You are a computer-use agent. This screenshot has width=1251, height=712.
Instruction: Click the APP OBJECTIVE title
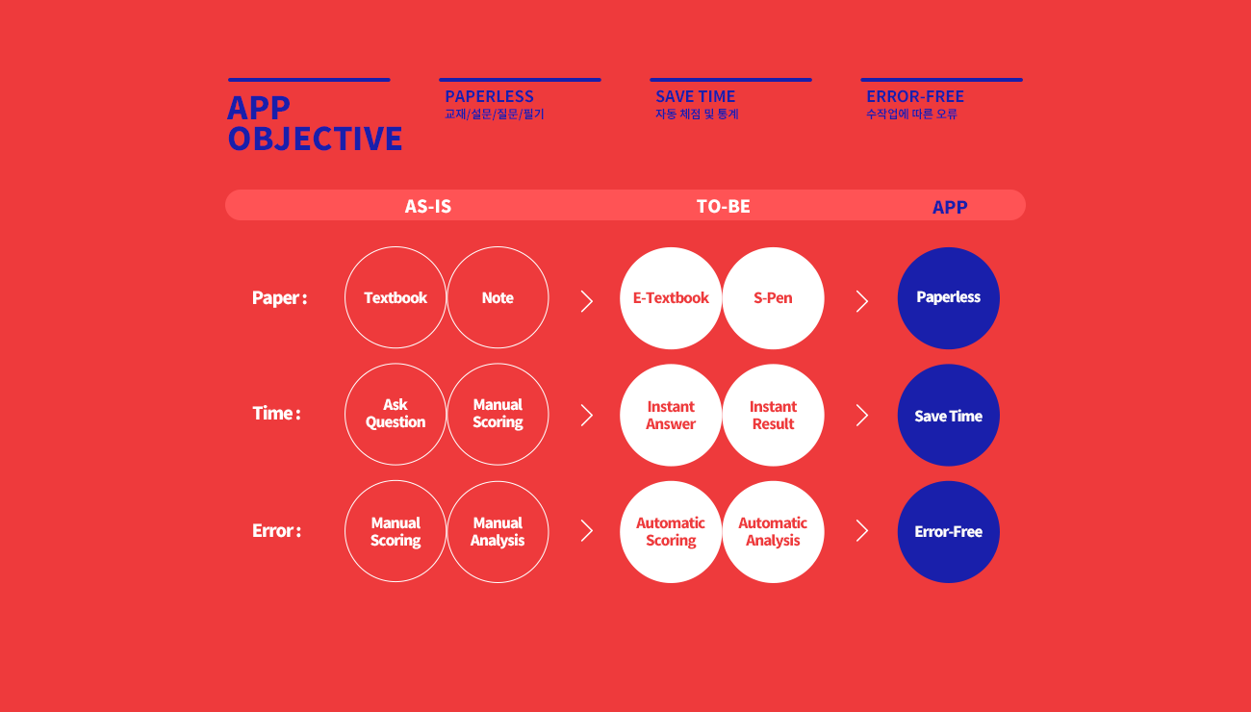point(315,123)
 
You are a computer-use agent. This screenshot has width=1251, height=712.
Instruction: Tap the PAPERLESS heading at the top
point(489,96)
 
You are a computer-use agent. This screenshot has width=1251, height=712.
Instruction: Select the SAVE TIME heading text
point(696,96)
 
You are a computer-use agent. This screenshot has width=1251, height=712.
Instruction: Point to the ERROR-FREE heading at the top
point(915,96)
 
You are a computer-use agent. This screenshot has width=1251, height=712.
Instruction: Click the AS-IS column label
point(428,206)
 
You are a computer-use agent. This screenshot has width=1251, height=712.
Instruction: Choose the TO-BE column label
point(724,206)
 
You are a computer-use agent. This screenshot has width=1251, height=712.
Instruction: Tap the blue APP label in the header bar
point(950,207)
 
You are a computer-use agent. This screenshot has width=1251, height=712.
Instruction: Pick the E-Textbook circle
point(671,298)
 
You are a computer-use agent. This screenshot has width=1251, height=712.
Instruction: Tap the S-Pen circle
point(773,298)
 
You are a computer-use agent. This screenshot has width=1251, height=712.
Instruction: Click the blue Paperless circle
point(948,298)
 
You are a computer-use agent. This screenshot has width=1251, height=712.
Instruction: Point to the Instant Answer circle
point(671,415)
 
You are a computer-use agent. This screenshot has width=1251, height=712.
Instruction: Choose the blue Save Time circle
point(948,415)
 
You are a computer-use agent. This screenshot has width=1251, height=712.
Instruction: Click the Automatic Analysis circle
point(773,532)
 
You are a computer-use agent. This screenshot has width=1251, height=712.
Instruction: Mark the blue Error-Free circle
point(948,532)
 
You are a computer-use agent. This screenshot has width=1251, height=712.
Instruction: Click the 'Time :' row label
point(276,413)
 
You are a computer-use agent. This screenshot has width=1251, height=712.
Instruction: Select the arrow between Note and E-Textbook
point(586,301)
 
